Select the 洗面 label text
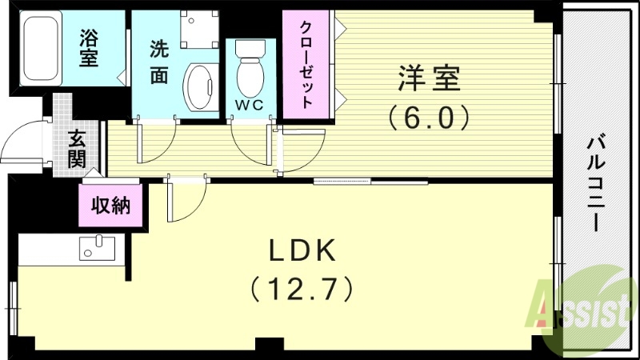[159, 62]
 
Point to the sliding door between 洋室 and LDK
[358, 182]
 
